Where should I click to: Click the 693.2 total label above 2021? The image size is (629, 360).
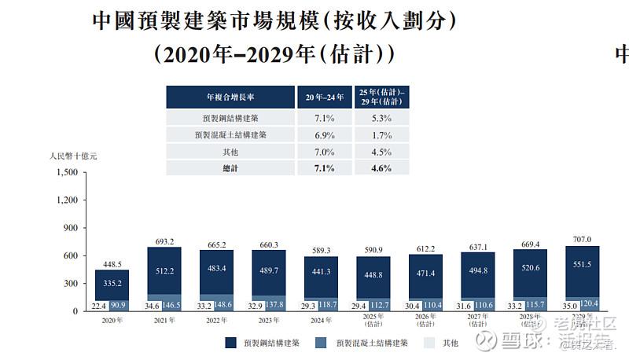pyautogui.click(x=164, y=241)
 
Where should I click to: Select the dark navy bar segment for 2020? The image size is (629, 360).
pyautogui.click(x=112, y=284)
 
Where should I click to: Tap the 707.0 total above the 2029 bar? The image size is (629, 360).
pyautogui.click(x=582, y=239)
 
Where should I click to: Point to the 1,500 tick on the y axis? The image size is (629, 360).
pyautogui.click(x=68, y=171)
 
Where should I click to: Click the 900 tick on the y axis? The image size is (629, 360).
pyautogui.click(x=71, y=228)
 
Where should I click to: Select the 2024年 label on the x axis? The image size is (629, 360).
pyautogui.click(x=321, y=321)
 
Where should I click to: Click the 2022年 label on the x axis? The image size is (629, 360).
pyautogui.click(x=216, y=321)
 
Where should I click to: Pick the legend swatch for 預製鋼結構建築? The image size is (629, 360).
pyautogui.click(x=230, y=343)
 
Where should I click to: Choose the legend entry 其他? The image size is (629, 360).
pyautogui.click(x=451, y=343)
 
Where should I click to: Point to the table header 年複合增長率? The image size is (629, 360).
pyautogui.click(x=230, y=97)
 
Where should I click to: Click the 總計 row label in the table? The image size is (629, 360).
pyautogui.click(x=230, y=168)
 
